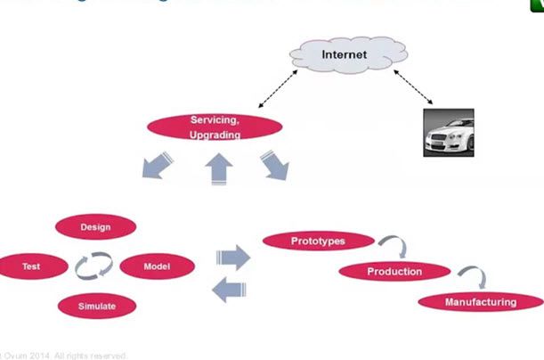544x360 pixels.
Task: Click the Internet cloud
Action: point(344,55)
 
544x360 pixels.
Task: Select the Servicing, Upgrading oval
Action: point(215,127)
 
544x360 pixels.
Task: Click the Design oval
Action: point(95,227)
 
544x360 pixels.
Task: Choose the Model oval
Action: point(157,266)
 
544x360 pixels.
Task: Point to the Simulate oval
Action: point(95,306)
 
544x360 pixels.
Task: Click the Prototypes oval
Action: point(305,241)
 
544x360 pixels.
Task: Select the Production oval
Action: point(394,271)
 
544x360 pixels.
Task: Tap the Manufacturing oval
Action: point(480,302)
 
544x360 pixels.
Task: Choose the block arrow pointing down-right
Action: point(273,166)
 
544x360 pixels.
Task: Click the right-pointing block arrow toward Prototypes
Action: point(233,258)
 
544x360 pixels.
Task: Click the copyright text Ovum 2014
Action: point(64,355)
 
